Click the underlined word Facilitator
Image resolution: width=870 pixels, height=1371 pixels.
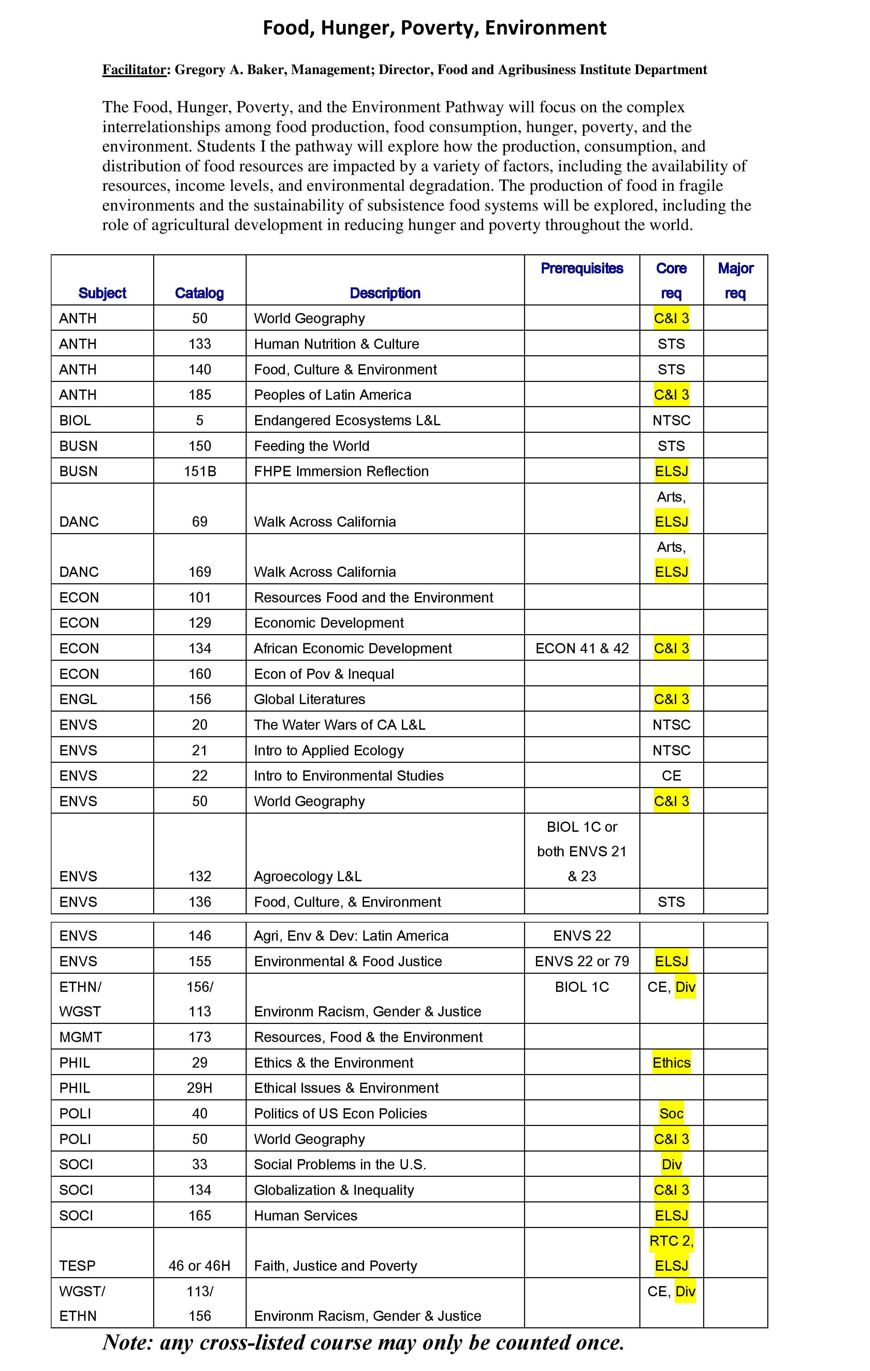coord(134,70)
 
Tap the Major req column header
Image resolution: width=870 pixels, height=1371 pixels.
coord(735,280)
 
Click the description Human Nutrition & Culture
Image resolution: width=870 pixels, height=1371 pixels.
coord(336,344)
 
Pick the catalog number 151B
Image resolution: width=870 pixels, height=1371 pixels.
coord(200,471)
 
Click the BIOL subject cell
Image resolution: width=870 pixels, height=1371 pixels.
coord(75,421)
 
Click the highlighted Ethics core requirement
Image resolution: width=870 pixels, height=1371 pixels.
coord(671,1063)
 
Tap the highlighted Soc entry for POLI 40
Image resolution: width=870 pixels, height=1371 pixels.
coord(671,1114)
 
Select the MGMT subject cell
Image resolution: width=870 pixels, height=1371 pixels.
coord(80,1037)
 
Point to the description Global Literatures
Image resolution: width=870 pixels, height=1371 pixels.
coord(309,699)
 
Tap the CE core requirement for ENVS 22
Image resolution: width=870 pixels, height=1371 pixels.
coord(671,776)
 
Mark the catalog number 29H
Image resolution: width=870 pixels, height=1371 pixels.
coord(200,1088)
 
